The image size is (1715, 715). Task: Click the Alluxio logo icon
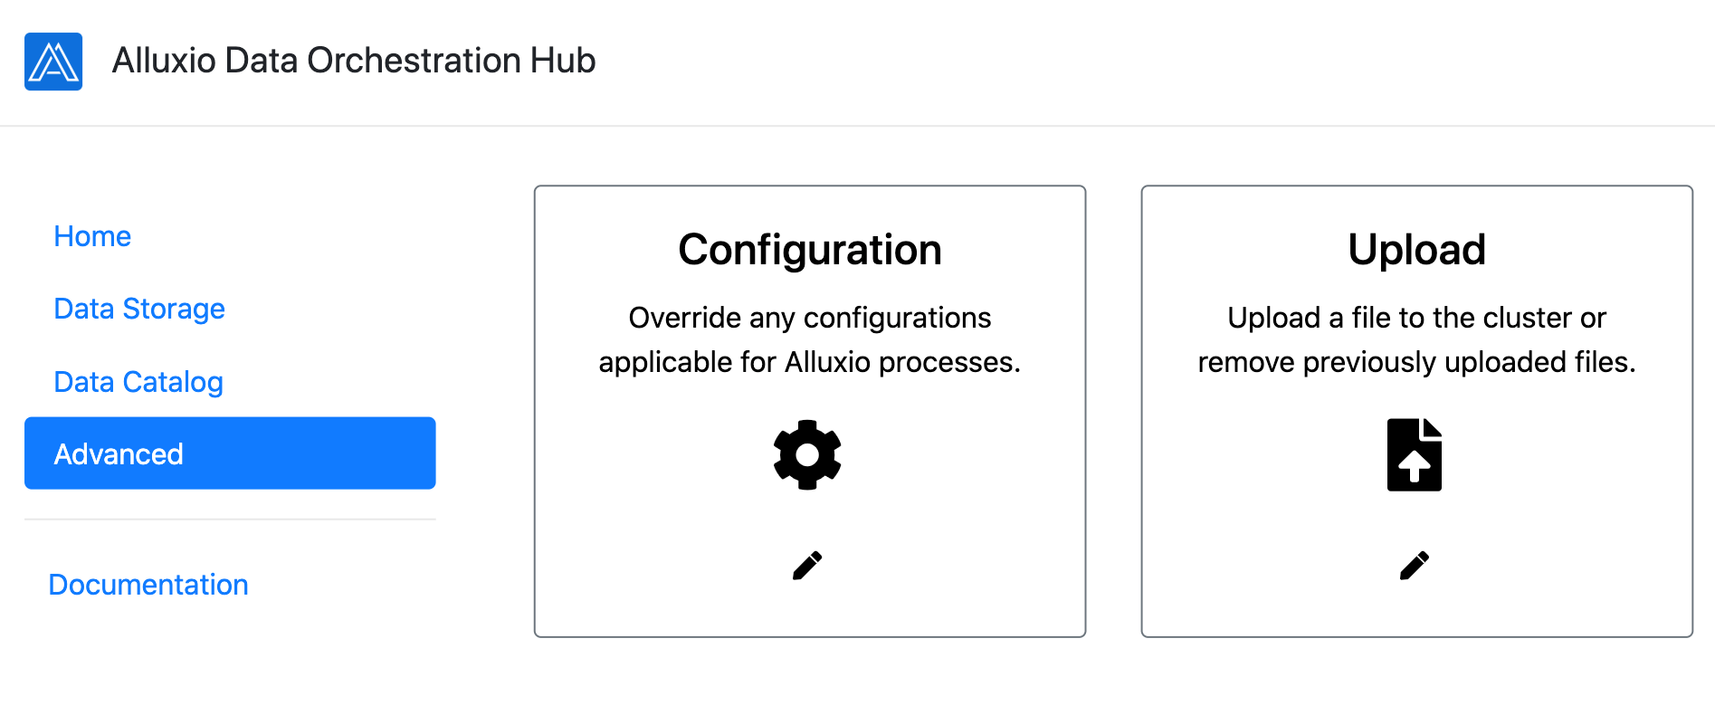pyautogui.click(x=53, y=62)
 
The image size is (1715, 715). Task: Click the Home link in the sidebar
pyautogui.click(x=92, y=236)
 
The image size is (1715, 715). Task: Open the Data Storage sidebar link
pyautogui.click(x=139, y=309)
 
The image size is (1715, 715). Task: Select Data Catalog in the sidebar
pyautogui.click(x=138, y=382)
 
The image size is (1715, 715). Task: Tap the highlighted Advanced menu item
pyautogui.click(x=230, y=453)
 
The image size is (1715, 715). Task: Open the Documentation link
pyautogui.click(x=148, y=585)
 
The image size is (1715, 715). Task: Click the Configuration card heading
pyautogui.click(x=810, y=251)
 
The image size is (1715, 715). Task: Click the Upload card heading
pyautogui.click(x=1417, y=250)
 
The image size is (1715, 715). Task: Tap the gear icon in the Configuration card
pyautogui.click(x=807, y=454)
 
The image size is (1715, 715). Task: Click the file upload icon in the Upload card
pyautogui.click(x=1415, y=454)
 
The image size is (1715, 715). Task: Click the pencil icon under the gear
pyautogui.click(x=807, y=566)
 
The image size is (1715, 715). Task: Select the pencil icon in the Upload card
pyautogui.click(x=1415, y=566)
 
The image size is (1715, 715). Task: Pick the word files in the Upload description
pyautogui.click(x=1605, y=362)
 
